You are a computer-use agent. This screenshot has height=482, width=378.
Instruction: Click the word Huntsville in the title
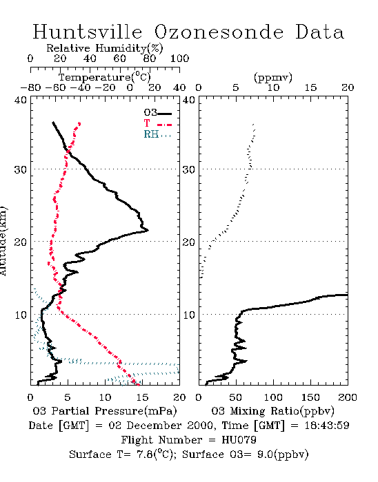(x=88, y=32)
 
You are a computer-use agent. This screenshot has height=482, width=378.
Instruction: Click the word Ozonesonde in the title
(x=219, y=32)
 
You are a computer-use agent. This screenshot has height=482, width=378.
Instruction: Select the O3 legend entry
(x=157, y=113)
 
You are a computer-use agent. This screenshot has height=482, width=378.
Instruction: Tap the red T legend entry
(x=157, y=123)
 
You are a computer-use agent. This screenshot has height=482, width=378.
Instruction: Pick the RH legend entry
(x=157, y=134)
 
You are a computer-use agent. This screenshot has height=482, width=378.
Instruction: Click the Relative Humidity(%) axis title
(x=105, y=48)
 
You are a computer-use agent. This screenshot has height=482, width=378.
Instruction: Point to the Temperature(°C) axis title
(x=105, y=77)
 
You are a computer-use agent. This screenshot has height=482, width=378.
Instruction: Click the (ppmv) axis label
(x=273, y=77)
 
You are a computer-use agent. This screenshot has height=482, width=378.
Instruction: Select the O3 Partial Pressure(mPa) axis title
(x=105, y=411)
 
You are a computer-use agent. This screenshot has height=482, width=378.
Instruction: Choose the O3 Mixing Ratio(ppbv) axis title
(x=272, y=411)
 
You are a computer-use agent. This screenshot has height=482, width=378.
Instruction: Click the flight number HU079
(x=239, y=440)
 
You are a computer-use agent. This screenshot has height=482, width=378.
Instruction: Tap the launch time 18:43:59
(x=327, y=426)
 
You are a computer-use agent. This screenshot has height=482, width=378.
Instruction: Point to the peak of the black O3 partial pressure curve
(x=148, y=230)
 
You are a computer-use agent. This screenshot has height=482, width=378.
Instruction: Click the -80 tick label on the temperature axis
(x=30, y=88)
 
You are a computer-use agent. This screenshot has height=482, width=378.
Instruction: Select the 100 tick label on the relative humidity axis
(x=179, y=59)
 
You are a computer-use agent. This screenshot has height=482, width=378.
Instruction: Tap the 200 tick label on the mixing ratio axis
(x=348, y=397)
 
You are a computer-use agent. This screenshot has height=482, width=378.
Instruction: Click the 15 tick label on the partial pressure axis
(x=142, y=397)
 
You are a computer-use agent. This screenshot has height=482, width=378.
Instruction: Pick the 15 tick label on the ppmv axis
(x=310, y=88)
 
